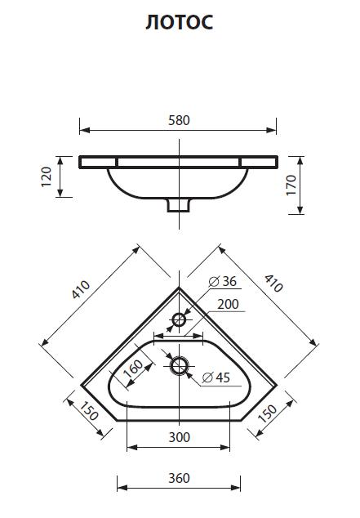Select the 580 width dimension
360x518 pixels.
click(x=180, y=120)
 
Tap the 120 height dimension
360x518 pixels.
click(x=47, y=176)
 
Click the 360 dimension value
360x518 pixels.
click(x=180, y=478)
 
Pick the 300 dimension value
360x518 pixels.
click(x=180, y=437)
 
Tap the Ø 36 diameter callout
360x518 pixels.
click(x=223, y=282)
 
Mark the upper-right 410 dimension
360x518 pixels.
click(x=273, y=283)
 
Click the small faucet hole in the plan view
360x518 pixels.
click(x=179, y=319)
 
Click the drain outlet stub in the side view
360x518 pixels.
click(x=179, y=205)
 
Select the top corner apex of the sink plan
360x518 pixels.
click(x=180, y=287)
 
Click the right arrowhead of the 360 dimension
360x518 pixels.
click(x=240, y=489)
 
